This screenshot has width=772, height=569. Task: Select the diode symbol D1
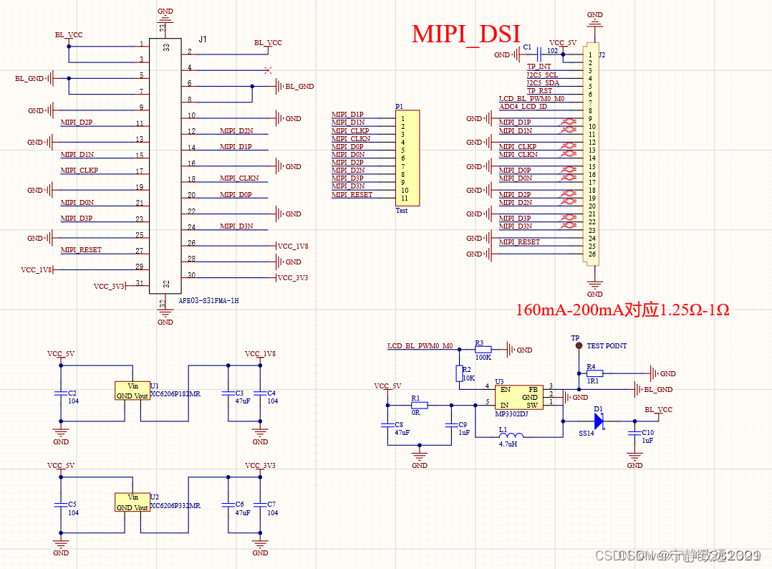(599, 421)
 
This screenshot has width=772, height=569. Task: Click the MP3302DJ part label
(511, 413)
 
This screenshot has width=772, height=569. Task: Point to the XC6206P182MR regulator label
(175, 394)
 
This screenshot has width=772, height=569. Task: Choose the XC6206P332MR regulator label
(175, 505)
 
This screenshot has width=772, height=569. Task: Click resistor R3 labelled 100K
(483, 349)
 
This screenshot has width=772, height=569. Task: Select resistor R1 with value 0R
(419, 405)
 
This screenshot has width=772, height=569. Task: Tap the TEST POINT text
(607, 345)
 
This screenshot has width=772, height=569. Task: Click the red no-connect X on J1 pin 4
(268, 70)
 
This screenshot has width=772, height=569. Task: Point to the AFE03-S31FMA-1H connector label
(208, 301)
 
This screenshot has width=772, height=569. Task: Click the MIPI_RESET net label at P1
(352, 195)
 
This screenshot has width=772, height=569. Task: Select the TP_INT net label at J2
(539, 67)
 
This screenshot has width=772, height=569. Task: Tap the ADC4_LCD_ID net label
(523, 107)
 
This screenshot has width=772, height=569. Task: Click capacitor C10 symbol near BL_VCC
(634, 433)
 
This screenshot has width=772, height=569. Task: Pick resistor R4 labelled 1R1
(595, 373)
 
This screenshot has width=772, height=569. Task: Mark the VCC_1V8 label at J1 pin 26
(293, 246)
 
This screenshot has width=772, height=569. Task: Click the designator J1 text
(203, 39)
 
